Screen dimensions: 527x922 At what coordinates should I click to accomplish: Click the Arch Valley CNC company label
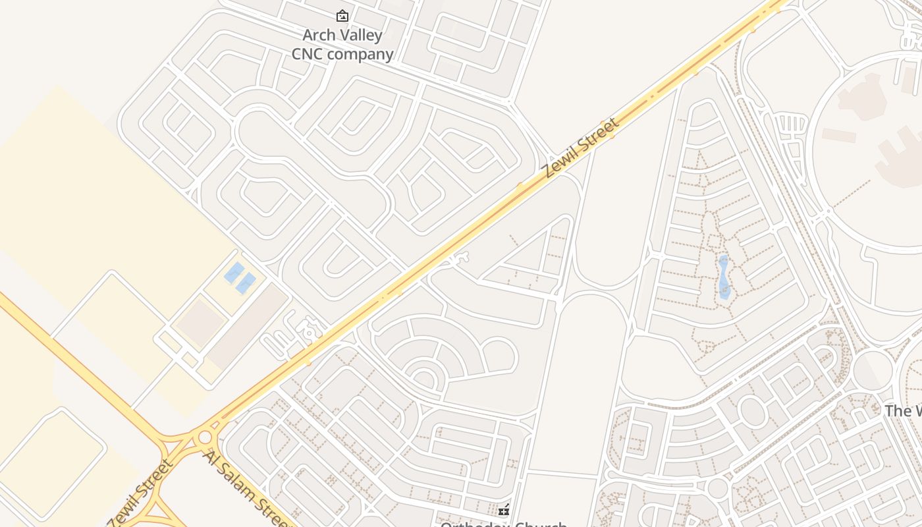pyautogui.click(x=342, y=45)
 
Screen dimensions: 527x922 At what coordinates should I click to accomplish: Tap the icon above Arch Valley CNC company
pyautogui.click(x=342, y=16)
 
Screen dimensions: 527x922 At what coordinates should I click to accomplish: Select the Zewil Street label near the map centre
pyautogui.click(x=580, y=148)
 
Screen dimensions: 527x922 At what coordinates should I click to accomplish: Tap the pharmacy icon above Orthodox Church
pyautogui.click(x=504, y=510)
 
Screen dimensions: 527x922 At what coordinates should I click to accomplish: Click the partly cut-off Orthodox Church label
pyautogui.click(x=503, y=524)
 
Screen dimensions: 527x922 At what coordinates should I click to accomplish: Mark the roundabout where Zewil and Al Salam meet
pyautogui.click(x=205, y=437)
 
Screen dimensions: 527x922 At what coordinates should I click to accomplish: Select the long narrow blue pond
pyautogui.click(x=724, y=277)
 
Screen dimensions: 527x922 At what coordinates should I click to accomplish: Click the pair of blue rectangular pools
pyautogui.click(x=240, y=277)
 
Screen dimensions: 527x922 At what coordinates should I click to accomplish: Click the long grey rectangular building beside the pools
pyautogui.click(x=248, y=327)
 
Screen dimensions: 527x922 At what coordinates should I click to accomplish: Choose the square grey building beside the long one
pyautogui.click(x=200, y=323)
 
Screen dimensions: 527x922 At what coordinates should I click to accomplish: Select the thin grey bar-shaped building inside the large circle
pyautogui.click(x=838, y=136)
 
